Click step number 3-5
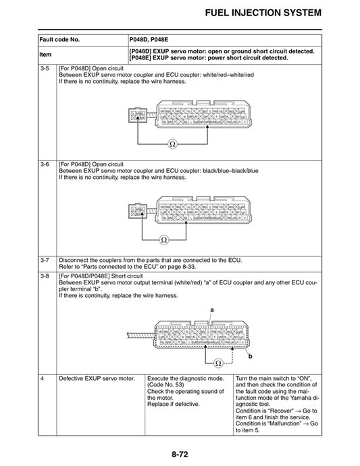(45, 68)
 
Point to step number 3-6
(45, 163)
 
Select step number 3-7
(45, 259)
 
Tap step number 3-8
(45, 276)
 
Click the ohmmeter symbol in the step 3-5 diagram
(172, 144)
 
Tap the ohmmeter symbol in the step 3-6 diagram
(163, 240)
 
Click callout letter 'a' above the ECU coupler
(211, 308)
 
